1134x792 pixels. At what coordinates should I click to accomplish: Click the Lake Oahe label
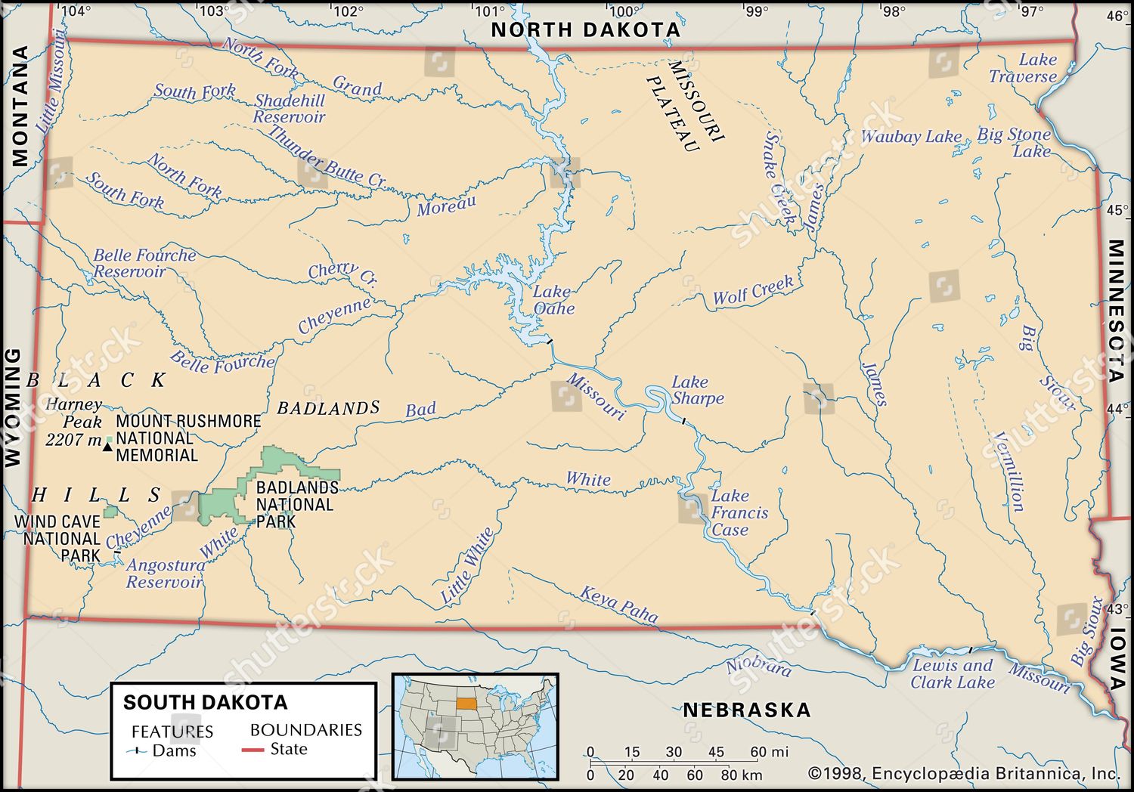click(554, 300)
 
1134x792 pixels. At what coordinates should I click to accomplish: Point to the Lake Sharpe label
click(697, 390)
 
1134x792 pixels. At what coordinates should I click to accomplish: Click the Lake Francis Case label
click(739, 512)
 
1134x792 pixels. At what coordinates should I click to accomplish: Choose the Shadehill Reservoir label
click(289, 109)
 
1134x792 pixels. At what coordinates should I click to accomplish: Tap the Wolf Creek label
click(753, 291)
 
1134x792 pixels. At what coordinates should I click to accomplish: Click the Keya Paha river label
click(619, 604)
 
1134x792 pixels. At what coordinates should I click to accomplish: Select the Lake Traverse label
click(1023, 68)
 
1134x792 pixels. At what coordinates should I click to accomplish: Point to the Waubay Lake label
click(911, 137)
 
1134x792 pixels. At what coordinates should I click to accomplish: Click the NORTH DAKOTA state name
click(586, 29)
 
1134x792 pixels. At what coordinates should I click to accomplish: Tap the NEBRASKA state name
click(747, 710)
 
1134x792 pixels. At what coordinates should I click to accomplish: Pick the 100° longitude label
click(622, 11)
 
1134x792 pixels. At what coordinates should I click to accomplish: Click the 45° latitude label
click(1116, 210)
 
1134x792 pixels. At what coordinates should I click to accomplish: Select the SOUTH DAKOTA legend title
click(205, 702)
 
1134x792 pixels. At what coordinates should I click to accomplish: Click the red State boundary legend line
click(253, 750)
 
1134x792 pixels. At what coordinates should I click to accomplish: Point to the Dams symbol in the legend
click(137, 751)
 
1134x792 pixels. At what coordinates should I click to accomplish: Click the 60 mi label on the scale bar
click(768, 752)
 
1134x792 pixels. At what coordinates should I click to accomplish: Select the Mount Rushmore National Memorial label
click(188, 438)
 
